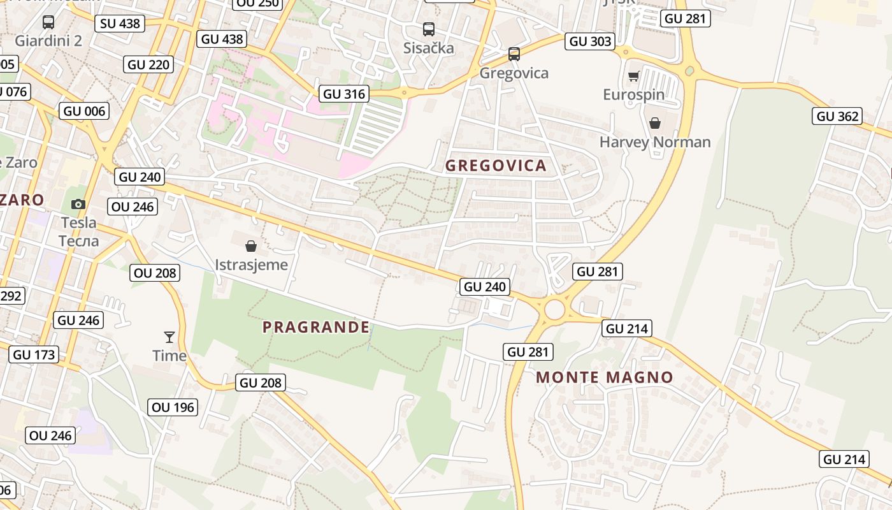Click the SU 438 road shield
tap(120, 24)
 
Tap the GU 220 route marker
tap(149, 64)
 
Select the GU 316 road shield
tap(345, 94)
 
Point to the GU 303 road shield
tap(591, 41)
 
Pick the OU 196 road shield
tap(173, 407)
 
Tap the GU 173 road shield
tap(34, 354)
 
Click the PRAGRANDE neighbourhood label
tap(316, 327)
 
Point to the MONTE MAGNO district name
tap(605, 377)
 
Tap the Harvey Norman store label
tap(655, 142)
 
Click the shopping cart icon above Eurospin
tap(633, 76)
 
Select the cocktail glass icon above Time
tap(169, 337)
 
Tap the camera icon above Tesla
tap(78, 204)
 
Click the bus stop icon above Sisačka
tap(429, 29)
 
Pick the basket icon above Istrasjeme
tap(251, 246)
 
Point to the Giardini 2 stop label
tap(48, 41)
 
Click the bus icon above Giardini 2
tap(48, 22)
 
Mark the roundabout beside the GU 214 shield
tap(555, 310)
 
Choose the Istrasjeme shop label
tap(251, 265)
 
